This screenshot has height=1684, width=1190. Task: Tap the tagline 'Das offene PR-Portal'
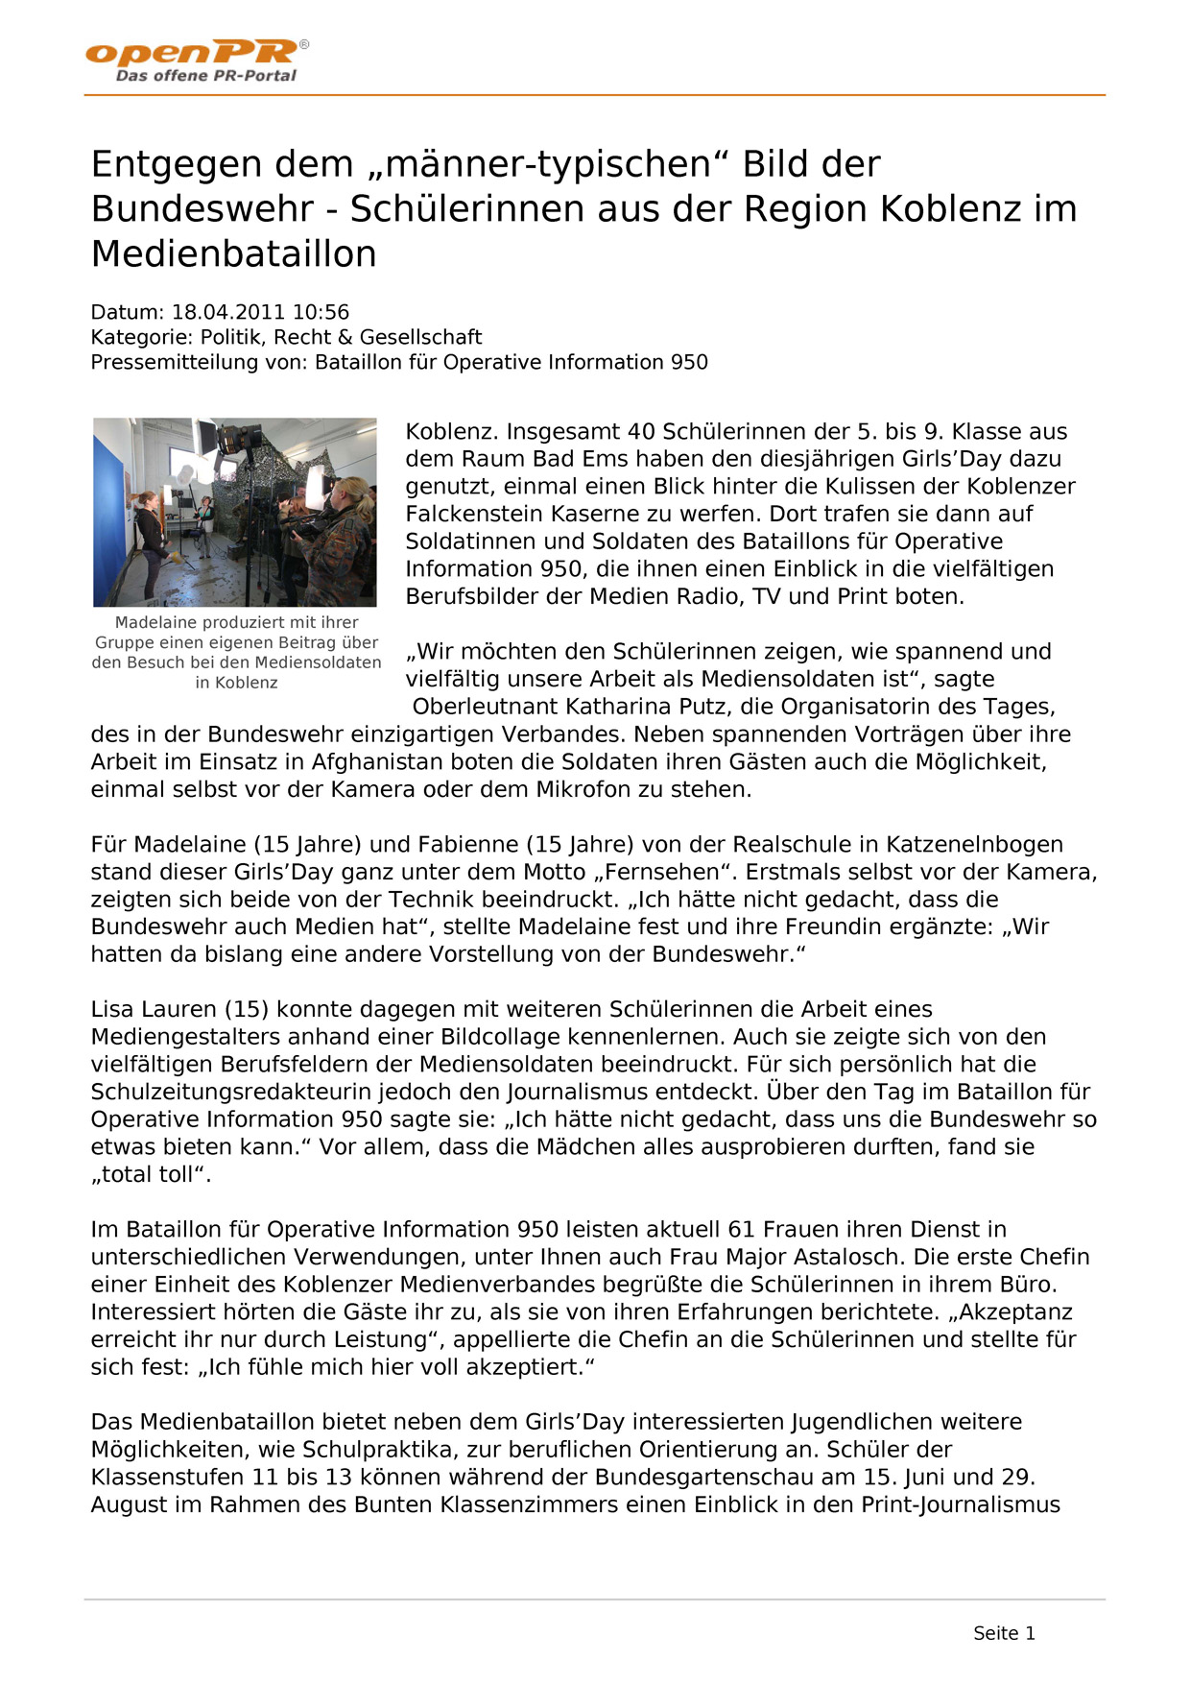pyautogui.click(x=205, y=76)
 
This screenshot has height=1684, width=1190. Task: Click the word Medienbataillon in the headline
pyautogui.click(x=233, y=254)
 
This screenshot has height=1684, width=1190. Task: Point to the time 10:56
pyautogui.click(x=321, y=312)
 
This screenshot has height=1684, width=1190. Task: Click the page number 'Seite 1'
pyautogui.click(x=1004, y=1633)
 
